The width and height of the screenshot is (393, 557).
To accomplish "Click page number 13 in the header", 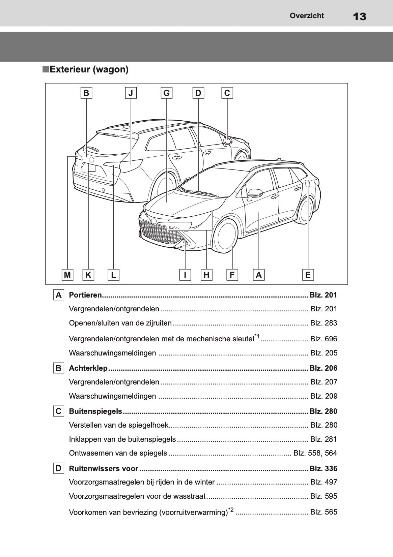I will point(360,16).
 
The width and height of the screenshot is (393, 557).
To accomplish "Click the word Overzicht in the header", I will point(307,16).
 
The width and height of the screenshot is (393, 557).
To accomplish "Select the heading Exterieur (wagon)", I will point(89,69).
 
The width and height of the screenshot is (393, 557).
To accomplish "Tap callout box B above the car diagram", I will point(86,93).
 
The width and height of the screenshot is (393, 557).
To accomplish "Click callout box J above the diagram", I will point(131,93).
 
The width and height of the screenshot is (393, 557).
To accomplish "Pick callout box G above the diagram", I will point(166,93).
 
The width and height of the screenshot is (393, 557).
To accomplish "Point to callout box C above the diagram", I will point(227,93).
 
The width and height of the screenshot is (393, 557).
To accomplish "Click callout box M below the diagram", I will point(67,275).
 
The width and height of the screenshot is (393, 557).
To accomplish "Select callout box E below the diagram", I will point(308,275).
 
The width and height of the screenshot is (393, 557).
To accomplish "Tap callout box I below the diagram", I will point(185,275).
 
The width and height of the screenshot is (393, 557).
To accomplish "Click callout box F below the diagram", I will point(232,275).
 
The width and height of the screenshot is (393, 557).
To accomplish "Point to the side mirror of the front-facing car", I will point(255,194).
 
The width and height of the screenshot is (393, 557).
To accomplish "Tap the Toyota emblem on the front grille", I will point(154,221).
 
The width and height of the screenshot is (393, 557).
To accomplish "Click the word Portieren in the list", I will point(85,295).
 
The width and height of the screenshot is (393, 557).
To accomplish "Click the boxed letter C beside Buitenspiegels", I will point(58,411).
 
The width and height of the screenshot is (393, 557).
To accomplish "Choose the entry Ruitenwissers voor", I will point(104,468).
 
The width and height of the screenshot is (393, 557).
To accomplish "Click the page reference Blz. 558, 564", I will point(315,453).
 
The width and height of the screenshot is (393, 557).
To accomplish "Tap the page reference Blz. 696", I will point(324,339).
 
